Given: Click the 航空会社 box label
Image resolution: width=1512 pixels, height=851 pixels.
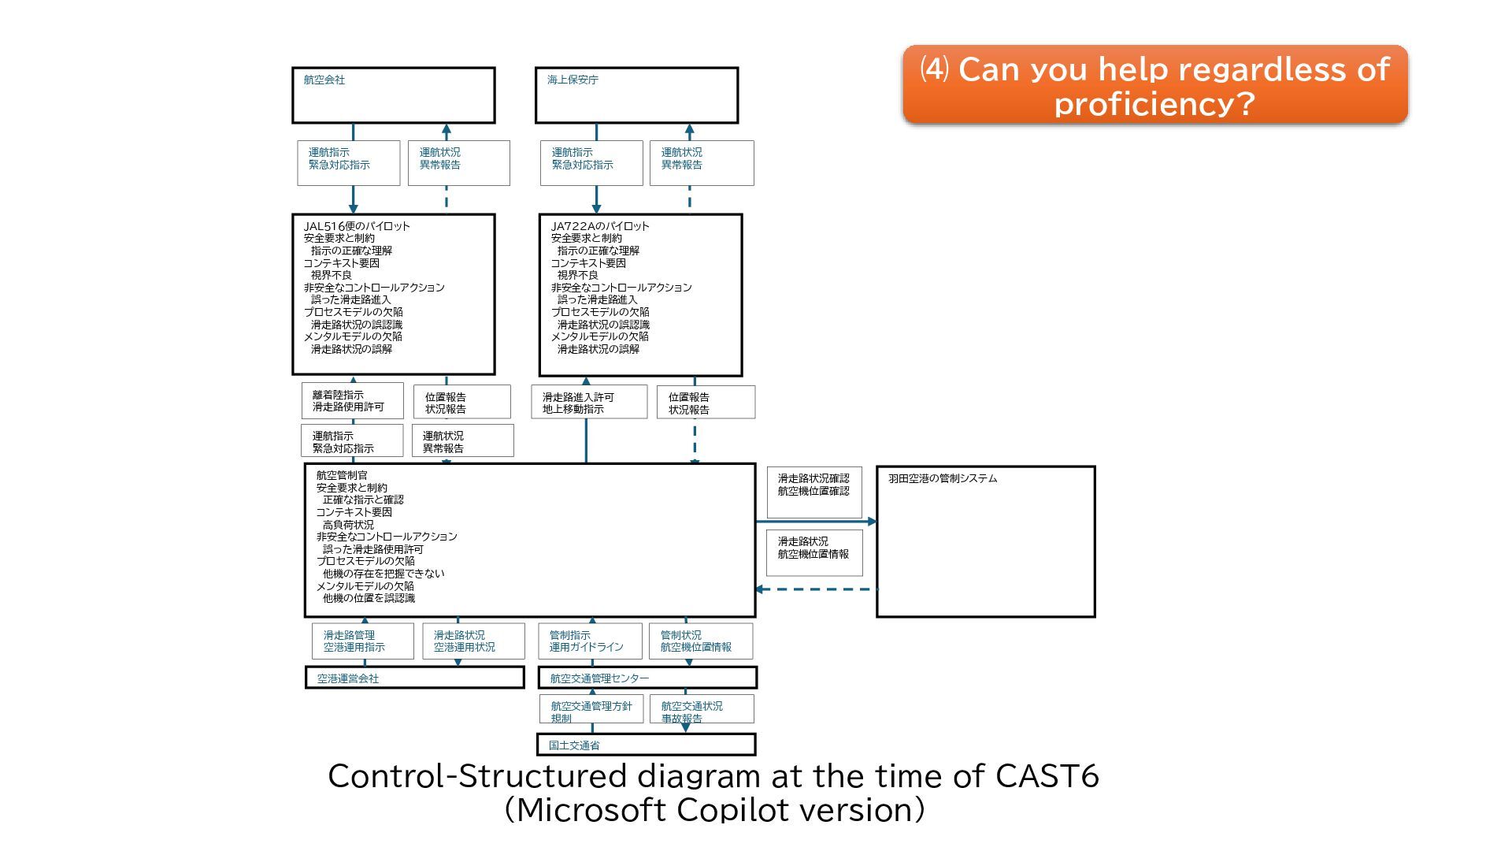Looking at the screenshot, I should coord(324,80).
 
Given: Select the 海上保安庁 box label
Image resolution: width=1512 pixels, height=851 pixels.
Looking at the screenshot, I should coord(573,80).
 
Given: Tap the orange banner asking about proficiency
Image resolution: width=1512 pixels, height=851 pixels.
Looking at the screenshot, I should coord(1154,85).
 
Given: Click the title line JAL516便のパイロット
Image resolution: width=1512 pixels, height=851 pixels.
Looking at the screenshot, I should coord(357,226).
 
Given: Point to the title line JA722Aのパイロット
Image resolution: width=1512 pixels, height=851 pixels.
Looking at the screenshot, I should coord(600,226).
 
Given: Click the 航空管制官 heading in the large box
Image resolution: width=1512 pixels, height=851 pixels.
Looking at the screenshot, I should coord(342,475).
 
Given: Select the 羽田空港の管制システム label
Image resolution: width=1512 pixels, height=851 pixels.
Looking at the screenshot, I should coord(943,478).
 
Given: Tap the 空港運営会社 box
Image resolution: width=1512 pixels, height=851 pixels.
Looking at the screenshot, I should coord(414,678).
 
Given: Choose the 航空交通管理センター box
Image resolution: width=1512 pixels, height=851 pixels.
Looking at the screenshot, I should coord(647,678).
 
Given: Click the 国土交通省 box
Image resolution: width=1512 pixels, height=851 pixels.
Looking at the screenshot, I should coord(646,745).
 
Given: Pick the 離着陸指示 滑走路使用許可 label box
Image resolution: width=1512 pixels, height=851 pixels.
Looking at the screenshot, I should coord(352,401).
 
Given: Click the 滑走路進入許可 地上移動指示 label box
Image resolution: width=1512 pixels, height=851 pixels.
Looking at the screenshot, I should coord(588,403).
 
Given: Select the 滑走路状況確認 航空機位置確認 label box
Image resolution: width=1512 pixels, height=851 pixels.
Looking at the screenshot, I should coord(814,492).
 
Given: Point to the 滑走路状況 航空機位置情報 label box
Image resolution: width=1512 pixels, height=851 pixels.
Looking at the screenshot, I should coord(814,552).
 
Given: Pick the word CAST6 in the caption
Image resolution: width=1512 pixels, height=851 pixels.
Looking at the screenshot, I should coord(1047,776).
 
